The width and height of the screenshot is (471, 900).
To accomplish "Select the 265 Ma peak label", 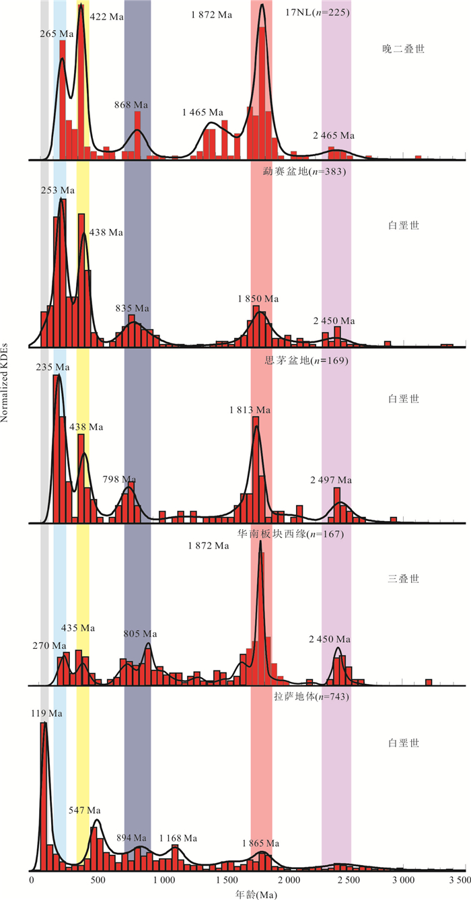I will [x=57, y=34].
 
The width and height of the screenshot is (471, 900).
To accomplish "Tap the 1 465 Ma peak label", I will [x=203, y=112].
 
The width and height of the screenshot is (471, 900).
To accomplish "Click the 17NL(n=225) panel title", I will [x=318, y=12].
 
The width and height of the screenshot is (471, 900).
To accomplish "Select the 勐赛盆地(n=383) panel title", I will [x=304, y=172].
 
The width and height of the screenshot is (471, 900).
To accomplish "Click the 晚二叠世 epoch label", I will [x=402, y=48].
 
